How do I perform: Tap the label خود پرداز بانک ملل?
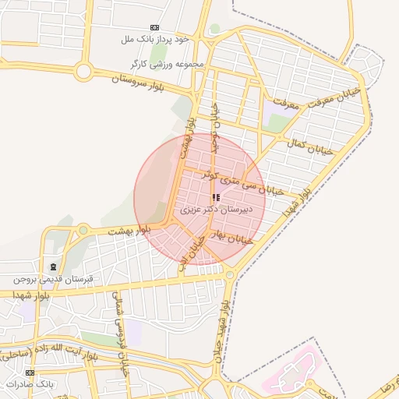coord(155,38)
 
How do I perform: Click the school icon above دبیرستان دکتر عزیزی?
coord(216,198)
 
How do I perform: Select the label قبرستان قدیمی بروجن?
coord(52,278)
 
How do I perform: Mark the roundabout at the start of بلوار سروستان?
coord(83,73)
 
